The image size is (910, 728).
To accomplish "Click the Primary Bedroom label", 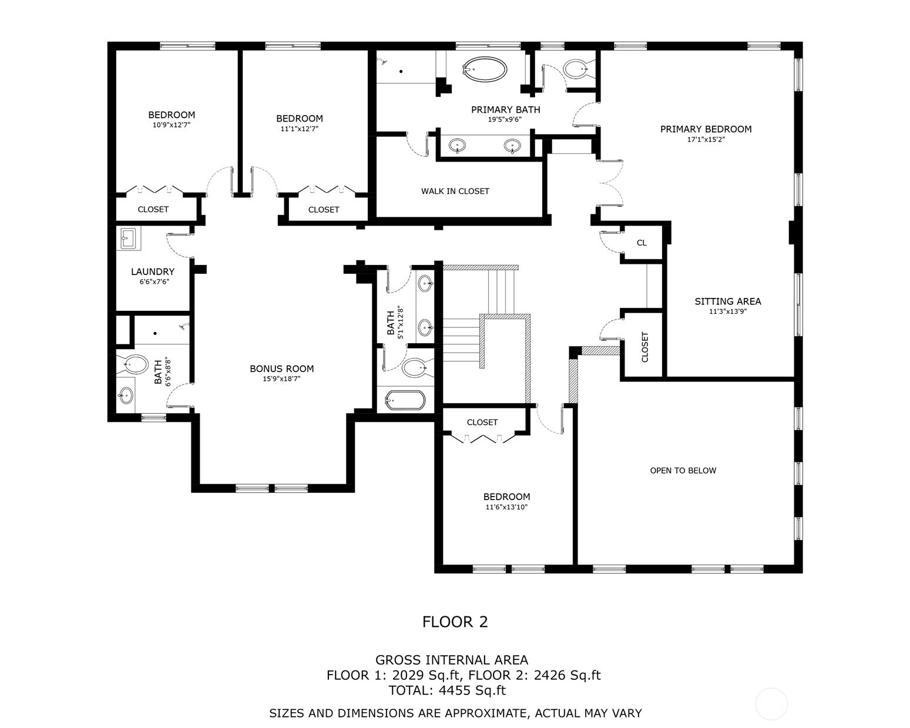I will (706, 129).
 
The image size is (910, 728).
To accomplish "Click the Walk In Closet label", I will (455, 191).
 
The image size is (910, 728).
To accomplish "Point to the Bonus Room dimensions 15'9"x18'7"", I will (281, 379).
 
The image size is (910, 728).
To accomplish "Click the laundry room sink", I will (128, 239).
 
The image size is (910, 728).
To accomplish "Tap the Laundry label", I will (152, 271).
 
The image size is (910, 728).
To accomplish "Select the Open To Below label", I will (683, 470).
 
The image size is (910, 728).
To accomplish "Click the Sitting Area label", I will (727, 301).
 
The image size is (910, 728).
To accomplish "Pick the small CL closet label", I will (642, 243).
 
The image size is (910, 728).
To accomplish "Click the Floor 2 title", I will (455, 622).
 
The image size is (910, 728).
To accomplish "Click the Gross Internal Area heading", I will (451, 660).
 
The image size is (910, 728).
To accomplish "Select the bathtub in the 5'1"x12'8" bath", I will (405, 401).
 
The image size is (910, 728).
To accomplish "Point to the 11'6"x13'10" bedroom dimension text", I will (506, 507).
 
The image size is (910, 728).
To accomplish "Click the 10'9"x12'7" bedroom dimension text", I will (171, 125).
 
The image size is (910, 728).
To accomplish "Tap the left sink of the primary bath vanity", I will (457, 145).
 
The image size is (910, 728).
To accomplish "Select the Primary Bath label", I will (505, 110).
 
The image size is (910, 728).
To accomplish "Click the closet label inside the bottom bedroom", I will (482, 422).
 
